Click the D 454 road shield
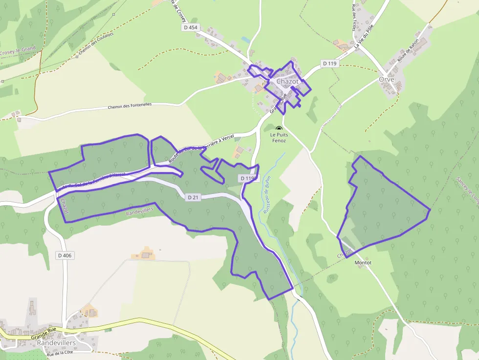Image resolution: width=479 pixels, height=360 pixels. (191, 27)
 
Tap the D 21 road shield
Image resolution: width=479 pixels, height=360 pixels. (193, 197)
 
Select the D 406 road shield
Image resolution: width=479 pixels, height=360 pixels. (65, 255)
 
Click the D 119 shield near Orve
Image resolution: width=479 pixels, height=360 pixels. (330, 64)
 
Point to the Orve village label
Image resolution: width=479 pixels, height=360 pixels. (386, 79)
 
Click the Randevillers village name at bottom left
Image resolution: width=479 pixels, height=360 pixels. (56, 343)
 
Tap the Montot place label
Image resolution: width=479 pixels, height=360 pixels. (363, 263)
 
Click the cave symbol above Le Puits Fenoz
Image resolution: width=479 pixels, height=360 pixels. (279, 128)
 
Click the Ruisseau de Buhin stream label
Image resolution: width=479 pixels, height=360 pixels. (266, 195)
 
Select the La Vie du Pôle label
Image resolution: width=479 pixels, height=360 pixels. (364, 36)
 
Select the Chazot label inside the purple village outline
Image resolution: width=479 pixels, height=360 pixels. (287, 82)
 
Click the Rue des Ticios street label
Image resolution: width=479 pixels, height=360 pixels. (353, 18)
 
